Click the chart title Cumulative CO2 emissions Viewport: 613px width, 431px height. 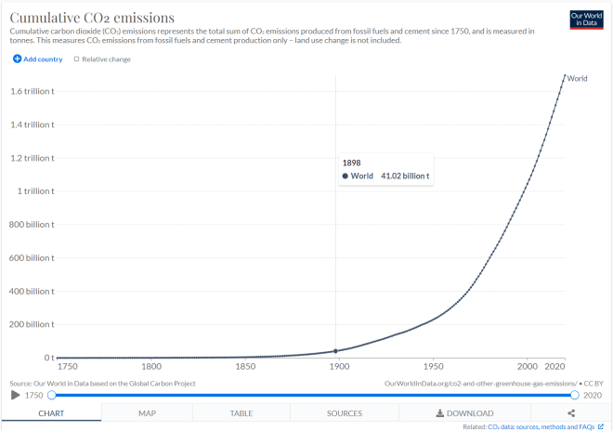tap(92, 18)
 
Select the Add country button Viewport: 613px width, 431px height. tap(38, 59)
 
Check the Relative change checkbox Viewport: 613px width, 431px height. tap(77, 59)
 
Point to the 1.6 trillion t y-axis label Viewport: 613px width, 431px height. tap(32, 91)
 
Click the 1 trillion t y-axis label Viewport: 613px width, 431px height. tap(34, 190)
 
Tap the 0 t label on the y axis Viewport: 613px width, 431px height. tap(47, 358)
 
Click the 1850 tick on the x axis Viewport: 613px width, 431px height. tap(246, 367)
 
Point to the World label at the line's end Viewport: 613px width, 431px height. tap(578, 78)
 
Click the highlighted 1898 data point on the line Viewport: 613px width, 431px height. tap(335, 351)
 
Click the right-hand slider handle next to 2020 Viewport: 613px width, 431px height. tap(575, 396)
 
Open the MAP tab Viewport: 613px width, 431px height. tap(147, 413)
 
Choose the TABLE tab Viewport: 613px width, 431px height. tap(241, 413)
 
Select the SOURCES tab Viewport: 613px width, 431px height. tap(344, 413)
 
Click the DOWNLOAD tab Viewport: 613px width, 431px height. tap(464, 413)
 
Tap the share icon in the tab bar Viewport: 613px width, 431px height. tap(571, 413)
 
